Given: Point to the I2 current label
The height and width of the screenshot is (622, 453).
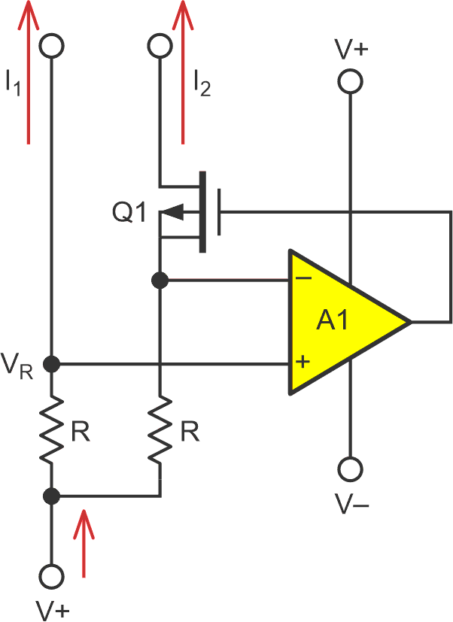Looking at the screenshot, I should [201, 83].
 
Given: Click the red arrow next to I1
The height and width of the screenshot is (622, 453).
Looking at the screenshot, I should [28, 71].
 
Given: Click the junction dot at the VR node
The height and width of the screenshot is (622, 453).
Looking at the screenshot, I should [51, 365].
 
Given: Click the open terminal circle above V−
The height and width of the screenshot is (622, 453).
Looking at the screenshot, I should [350, 470].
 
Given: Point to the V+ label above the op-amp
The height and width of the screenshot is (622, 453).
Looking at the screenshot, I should [351, 50].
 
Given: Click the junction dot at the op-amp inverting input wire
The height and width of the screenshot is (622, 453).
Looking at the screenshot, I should [160, 281].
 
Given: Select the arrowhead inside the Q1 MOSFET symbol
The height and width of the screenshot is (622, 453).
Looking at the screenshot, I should [173, 214].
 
